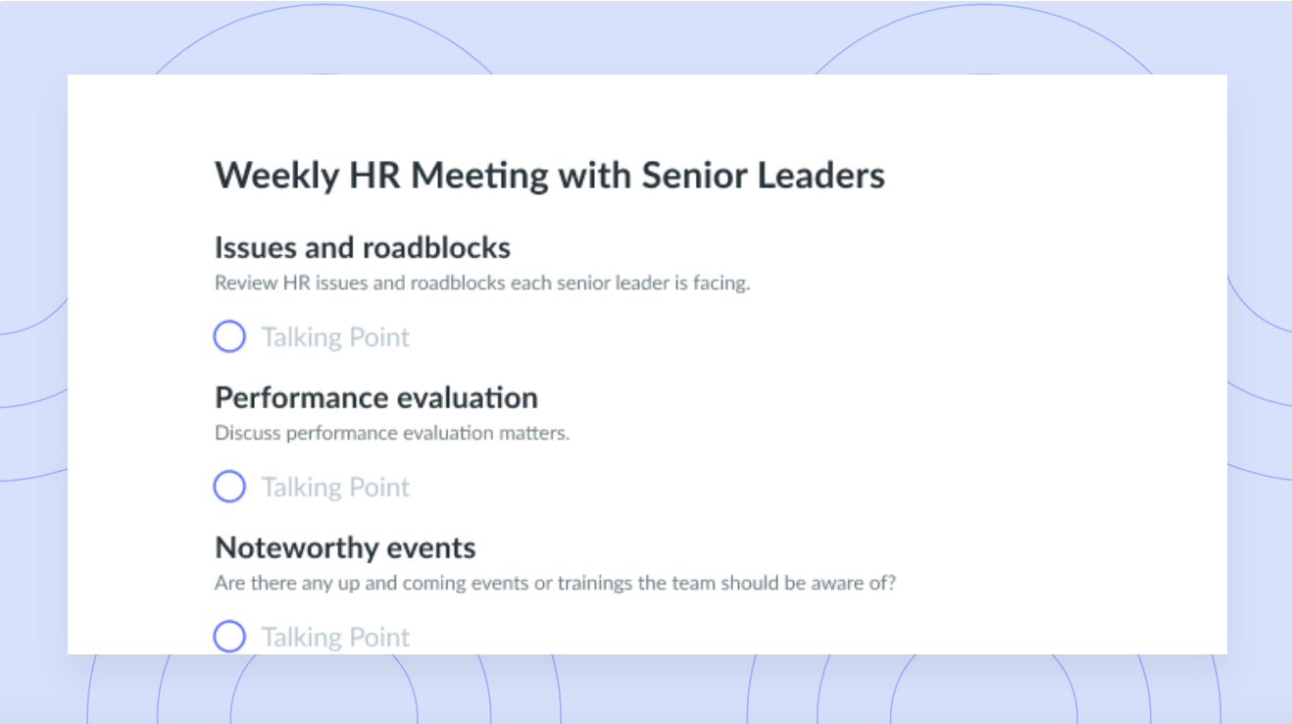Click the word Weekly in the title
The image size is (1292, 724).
[276, 176]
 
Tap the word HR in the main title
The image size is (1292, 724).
[374, 175]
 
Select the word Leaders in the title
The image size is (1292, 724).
[820, 175]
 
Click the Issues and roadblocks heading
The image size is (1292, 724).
[363, 247]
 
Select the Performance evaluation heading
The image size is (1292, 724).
[376, 397]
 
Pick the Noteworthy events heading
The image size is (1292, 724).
[345, 548]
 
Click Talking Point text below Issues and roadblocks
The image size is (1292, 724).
[335, 337]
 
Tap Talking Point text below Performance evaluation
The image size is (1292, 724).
[335, 488]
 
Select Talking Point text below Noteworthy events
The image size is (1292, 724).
[335, 638]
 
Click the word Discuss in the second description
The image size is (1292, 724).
[247, 433]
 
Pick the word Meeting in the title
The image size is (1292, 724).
[479, 176]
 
